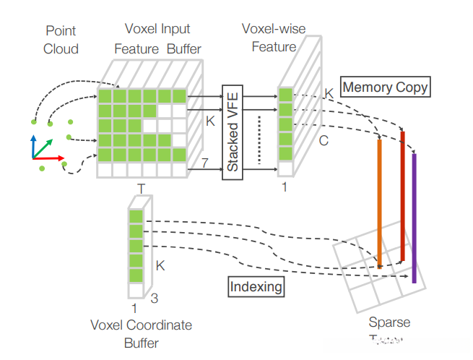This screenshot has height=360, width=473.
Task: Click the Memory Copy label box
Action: [385, 87]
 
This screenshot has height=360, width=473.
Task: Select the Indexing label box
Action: [256, 286]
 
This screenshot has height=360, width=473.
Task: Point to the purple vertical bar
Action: [414, 218]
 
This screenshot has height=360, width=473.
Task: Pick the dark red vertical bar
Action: [402, 195]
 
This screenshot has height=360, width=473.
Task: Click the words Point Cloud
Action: [60, 39]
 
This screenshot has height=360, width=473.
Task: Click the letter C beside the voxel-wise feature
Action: [324, 141]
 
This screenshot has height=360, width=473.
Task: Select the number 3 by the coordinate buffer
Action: [153, 296]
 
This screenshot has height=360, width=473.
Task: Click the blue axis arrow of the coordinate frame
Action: [32, 145]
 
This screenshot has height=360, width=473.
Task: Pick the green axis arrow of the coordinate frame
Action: [43, 144]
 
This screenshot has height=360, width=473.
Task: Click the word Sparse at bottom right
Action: [389, 322]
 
